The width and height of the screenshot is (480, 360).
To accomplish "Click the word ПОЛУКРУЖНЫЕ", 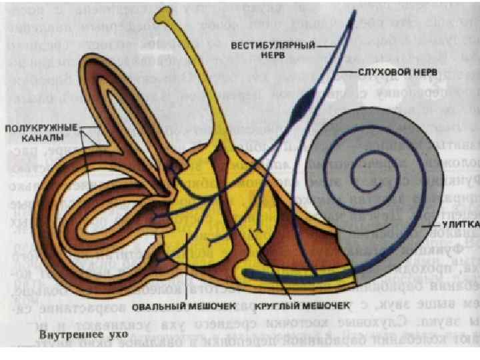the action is [x=41, y=128].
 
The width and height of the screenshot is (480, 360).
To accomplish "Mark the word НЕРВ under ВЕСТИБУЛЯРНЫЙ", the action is [x=272, y=57].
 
